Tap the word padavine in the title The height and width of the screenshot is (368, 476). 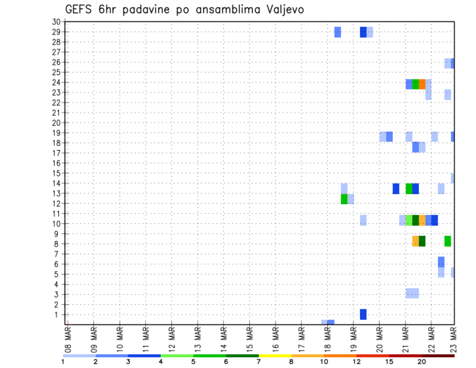point(160,10)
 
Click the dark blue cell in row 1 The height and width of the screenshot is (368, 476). point(363,314)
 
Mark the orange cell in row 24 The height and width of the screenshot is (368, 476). point(422,84)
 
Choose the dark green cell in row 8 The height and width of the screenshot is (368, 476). point(422,241)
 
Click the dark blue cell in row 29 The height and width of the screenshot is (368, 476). point(363,32)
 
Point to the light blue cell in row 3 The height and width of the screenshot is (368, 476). point(412,293)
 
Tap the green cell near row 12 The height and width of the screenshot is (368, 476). point(344,199)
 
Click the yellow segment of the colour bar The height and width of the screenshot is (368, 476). point(275,356)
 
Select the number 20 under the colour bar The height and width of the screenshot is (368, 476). point(421,362)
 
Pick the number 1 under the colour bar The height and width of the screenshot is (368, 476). point(63,362)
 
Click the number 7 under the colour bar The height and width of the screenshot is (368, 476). point(259,362)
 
